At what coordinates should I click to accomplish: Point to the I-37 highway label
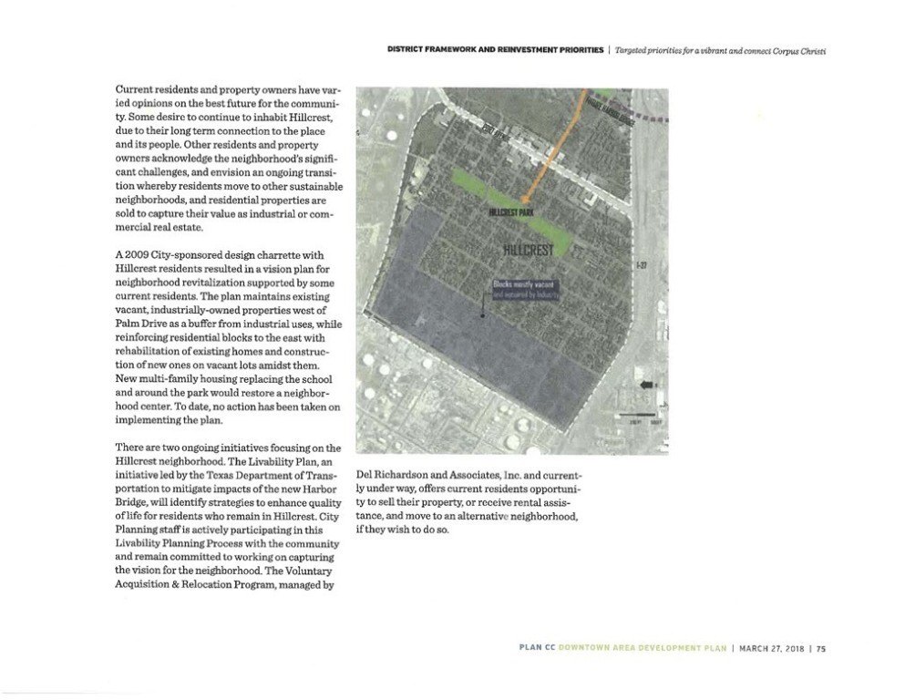pos(641,266)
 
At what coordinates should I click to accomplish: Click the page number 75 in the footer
pos(821,649)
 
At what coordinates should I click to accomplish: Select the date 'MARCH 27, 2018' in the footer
pos(775,649)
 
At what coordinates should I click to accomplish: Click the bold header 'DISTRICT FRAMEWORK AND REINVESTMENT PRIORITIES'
pos(494,50)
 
